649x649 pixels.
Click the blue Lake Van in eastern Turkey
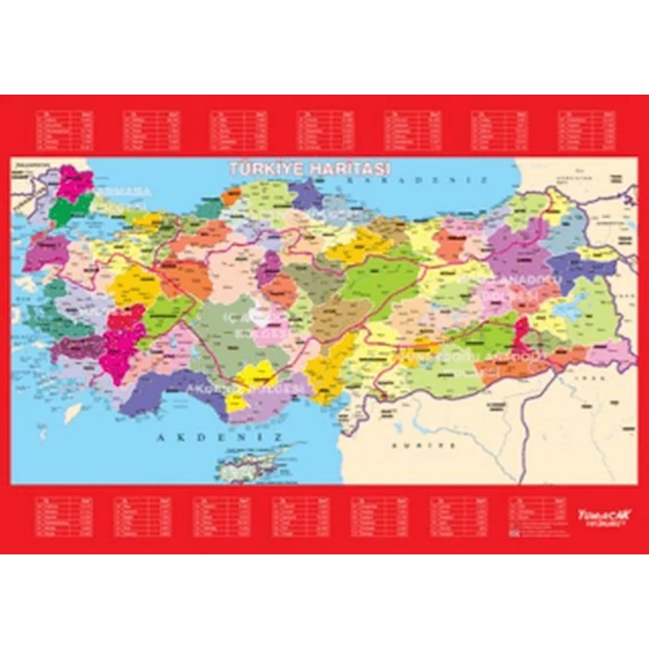567,309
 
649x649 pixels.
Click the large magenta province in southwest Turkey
121,340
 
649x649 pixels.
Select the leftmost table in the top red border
62,131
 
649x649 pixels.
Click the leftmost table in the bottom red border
64,518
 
